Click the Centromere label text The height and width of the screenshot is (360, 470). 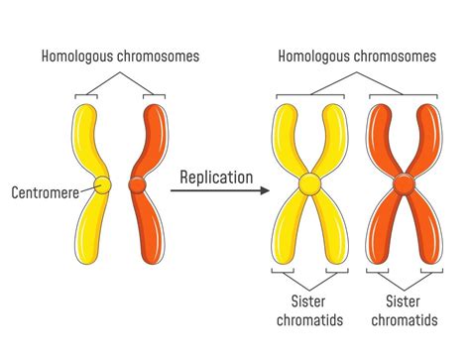(x=46, y=191)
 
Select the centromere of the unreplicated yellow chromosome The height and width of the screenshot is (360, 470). (x=102, y=184)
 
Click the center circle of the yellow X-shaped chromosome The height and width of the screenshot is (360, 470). (x=309, y=183)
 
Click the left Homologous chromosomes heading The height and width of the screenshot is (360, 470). (x=120, y=56)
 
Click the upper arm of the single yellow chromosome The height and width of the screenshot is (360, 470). (x=86, y=134)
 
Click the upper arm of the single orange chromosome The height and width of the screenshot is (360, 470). (x=156, y=134)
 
